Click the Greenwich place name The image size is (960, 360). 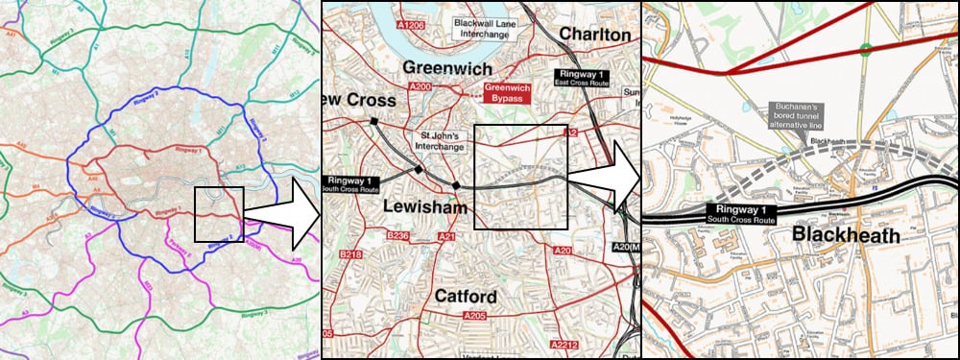(x=446, y=68)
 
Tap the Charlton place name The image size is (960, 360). (x=594, y=35)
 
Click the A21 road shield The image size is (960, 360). (x=447, y=236)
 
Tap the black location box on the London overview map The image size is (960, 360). (x=220, y=213)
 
